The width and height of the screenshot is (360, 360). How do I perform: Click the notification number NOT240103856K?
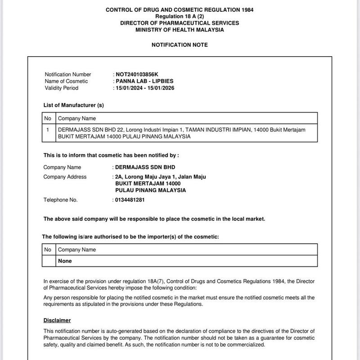pyautogui.click(x=137, y=74)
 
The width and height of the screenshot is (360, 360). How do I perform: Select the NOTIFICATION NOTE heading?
pyautogui.click(x=180, y=45)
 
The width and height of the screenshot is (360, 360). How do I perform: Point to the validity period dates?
pyautogui.click(x=144, y=88)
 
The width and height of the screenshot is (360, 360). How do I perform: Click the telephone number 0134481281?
pyautogui.click(x=130, y=200)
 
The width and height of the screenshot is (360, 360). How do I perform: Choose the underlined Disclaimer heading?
pyautogui.click(x=57, y=320)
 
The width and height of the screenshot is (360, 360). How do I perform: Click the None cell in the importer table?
pyautogui.click(x=65, y=261)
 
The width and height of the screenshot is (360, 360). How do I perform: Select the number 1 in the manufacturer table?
pyautogui.click(x=48, y=130)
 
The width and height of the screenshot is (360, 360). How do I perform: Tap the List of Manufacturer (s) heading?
pyautogui.click(x=73, y=105)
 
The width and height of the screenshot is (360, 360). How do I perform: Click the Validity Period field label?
pyautogui.click(x=62, y=88)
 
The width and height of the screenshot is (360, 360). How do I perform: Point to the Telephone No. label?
pyautogui.click(x=60, y=200)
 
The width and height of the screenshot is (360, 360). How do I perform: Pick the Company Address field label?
pyautogui.click(x=65, y=177)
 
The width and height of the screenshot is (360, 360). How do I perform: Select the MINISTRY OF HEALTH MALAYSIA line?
pyautogui.click(x=180, y=30)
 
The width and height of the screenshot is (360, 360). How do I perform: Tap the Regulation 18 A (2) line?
pyautogui.click(x=180, y=16)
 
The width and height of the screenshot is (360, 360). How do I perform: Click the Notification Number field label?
pyautogui.click(x=68, y=74)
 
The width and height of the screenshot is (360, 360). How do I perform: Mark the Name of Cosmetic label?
pyautogui.click(x=67, y=81)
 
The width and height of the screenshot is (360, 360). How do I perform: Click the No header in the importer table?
pyautogui.click(x=48, y=250)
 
